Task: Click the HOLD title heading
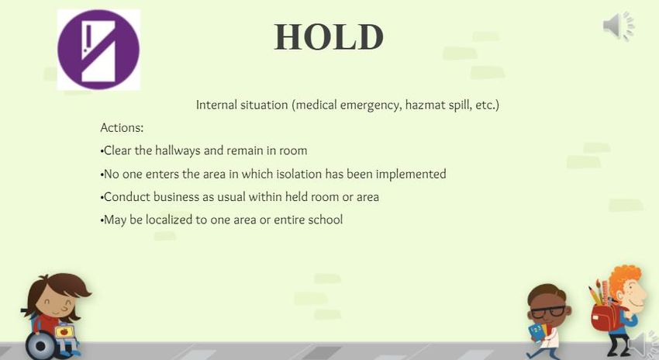[329, 37]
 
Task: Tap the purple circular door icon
[98, 50]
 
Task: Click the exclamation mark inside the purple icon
[87, 39]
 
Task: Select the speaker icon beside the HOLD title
[619, 26]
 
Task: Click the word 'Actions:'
[122, 127]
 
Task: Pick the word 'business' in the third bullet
[176, 197]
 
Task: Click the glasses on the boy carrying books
[547, 312]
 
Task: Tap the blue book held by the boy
[537, 331]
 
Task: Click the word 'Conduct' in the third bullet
[126, 197]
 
